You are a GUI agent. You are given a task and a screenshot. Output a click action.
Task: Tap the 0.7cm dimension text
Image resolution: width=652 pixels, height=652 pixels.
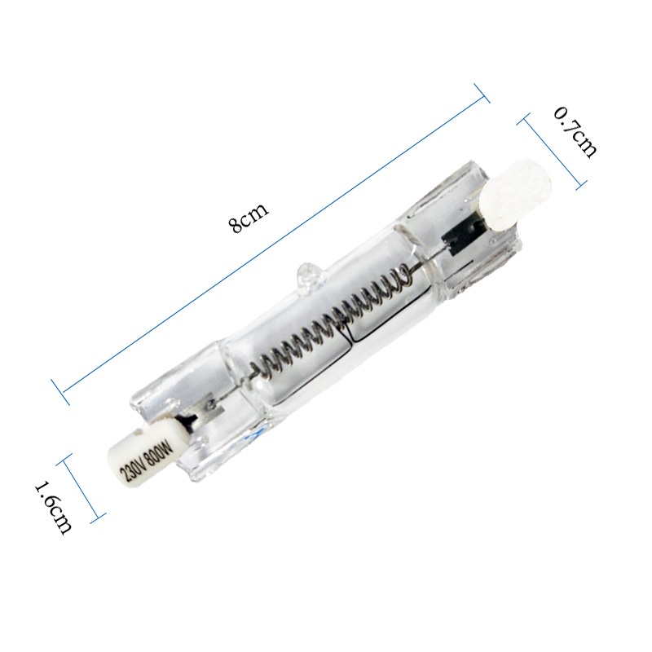[x=575, y=131]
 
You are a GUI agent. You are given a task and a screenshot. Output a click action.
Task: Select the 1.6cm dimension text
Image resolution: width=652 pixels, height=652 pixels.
[x=52, y=506]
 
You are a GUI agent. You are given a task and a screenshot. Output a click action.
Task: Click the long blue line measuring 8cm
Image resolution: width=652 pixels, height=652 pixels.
[x=269, y=244]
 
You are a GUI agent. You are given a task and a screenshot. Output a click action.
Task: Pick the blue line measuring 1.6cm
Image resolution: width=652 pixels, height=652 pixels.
[x=82, y=487]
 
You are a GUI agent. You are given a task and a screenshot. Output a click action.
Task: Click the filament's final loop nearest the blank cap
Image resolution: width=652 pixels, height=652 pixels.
[x=399, y=281]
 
